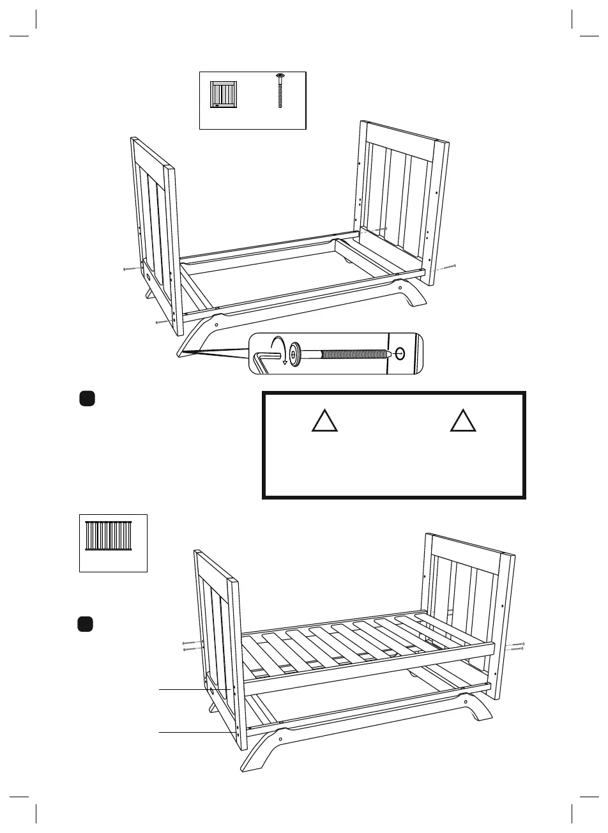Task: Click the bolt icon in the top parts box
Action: pos(280,91)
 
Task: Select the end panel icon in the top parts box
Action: pos(224,95)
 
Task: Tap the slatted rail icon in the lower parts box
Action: pos(109,536)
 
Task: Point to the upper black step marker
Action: pos(87,399)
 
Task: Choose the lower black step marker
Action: pos(86,623)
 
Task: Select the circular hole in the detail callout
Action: pos(400,353)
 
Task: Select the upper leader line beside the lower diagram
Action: pos(192,690)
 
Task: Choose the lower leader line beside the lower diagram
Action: pos(192,732)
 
